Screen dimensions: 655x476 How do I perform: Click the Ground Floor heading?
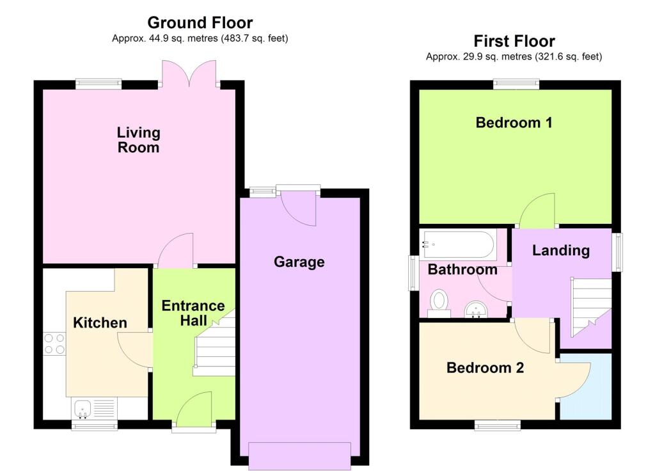[x=200, y=22]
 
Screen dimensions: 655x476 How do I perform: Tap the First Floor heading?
[x=514, y=42]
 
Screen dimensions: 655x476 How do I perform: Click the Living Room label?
[x=138, y=140]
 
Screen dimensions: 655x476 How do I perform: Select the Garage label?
[x=299, y=262]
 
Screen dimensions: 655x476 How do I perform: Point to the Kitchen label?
[x=100, y=322]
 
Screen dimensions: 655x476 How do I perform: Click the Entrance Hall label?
[x=193, y=313]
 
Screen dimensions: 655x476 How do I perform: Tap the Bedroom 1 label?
[x=514, y=122]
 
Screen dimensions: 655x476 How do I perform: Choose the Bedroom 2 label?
[x=485, y=368]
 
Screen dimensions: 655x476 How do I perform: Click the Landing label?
[x=560, y=250]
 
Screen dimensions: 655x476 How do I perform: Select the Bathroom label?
[x=462, y=269]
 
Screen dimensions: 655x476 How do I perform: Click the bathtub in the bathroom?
[x=458, y=244]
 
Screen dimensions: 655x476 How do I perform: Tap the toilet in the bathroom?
[x=439, y=303]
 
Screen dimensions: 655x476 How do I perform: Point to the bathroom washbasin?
[x=476, y=309]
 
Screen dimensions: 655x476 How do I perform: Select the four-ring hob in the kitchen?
[x=55, y=344]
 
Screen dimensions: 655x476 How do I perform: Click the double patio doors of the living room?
[x=189, y=74]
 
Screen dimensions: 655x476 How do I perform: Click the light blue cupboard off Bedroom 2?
[x=586, y=386]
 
